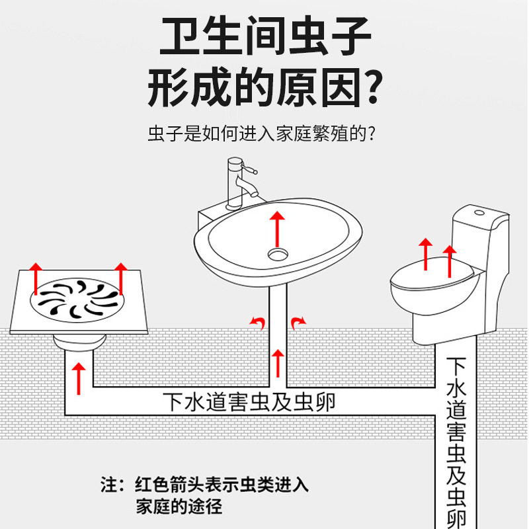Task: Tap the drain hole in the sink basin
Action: [x=278, y=253]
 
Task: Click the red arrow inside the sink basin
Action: [x=278, y=227]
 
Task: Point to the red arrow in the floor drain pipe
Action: [x=79, y=378]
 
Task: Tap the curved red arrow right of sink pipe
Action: [x=299, y=321]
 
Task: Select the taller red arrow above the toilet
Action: [x=450, y=261]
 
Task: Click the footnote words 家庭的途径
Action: [x=179, y=508]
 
